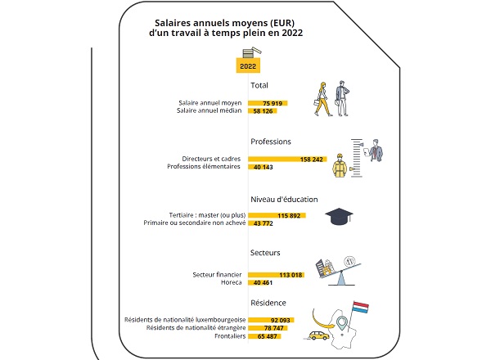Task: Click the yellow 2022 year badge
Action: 248,65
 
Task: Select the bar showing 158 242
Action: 287,159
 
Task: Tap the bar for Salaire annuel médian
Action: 263,110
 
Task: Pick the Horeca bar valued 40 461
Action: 259,282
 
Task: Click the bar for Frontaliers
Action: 264,336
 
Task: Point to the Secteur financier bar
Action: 276,275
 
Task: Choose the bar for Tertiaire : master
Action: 277,215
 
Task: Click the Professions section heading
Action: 271,142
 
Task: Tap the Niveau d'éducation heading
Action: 284,200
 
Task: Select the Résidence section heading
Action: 268,303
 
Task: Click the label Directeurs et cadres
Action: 211,159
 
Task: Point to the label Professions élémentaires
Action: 204,166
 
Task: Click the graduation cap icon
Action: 339,216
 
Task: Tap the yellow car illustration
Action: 319,335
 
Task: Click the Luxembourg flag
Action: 360,307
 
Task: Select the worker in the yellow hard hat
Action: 340,165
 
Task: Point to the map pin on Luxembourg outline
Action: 342,322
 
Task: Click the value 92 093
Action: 280,320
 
